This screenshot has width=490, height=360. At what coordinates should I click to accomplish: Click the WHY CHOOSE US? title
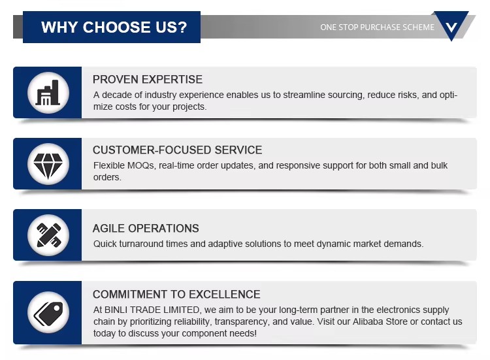click(x=114, y=27)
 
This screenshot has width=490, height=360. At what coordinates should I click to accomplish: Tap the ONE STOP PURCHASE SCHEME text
click(x=377, y=27)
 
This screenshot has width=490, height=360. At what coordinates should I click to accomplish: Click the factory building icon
click(x=48, y=93)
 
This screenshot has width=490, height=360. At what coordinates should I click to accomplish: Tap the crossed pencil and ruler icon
click(x=49, y=235)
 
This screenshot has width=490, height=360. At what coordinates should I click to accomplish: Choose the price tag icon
click(x=48, y=314)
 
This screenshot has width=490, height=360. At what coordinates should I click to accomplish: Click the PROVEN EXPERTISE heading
click(x=148, y=79)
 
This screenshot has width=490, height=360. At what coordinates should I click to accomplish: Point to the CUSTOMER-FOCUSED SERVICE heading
click(x=178, y=150)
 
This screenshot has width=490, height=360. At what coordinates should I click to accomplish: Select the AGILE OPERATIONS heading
click(x=146, y=229)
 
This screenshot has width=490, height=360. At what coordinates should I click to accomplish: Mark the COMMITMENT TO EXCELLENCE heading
click(x=176, y=295)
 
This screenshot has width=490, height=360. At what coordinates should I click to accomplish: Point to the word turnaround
click(x=141, y=244)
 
